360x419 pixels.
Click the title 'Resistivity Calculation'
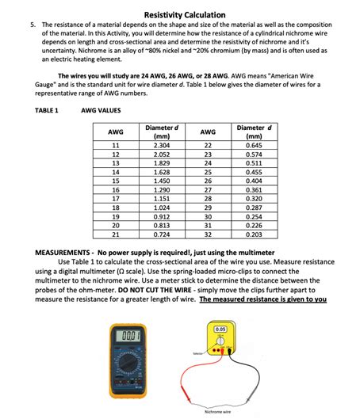(185, 15)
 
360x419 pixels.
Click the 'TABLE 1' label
(47, 110)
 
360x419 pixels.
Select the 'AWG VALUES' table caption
(101, 110)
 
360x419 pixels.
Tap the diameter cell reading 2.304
(162, 146)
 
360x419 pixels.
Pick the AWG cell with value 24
(208, 163)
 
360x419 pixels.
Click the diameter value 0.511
(254, 163)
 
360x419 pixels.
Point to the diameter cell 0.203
(254, 234)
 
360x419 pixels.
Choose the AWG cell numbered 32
(208, 234)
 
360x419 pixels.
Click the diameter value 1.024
(162, 208)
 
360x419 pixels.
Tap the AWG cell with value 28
(208, 199)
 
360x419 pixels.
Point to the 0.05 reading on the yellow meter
(220, 329)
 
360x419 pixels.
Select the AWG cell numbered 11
(116, 146)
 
